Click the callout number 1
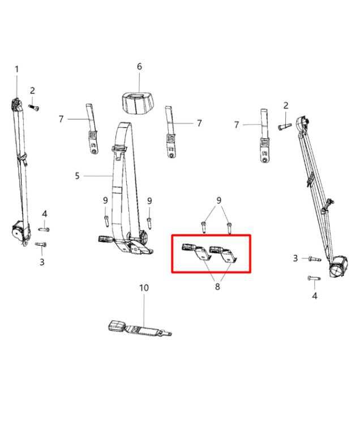(16, 69)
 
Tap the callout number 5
(78, 176)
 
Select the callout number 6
(139, 67)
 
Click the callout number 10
(144, 288)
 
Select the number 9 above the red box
(218, 200)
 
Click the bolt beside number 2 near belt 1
(34, 106)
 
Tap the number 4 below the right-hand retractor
(315, 296)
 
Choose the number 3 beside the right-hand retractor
(295, 258)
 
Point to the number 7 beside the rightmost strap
(236, 125)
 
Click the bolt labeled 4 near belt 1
(43, 229)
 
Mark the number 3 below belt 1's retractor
(41, 262)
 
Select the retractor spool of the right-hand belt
(338, 267)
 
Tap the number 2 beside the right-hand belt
(286, 105)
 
